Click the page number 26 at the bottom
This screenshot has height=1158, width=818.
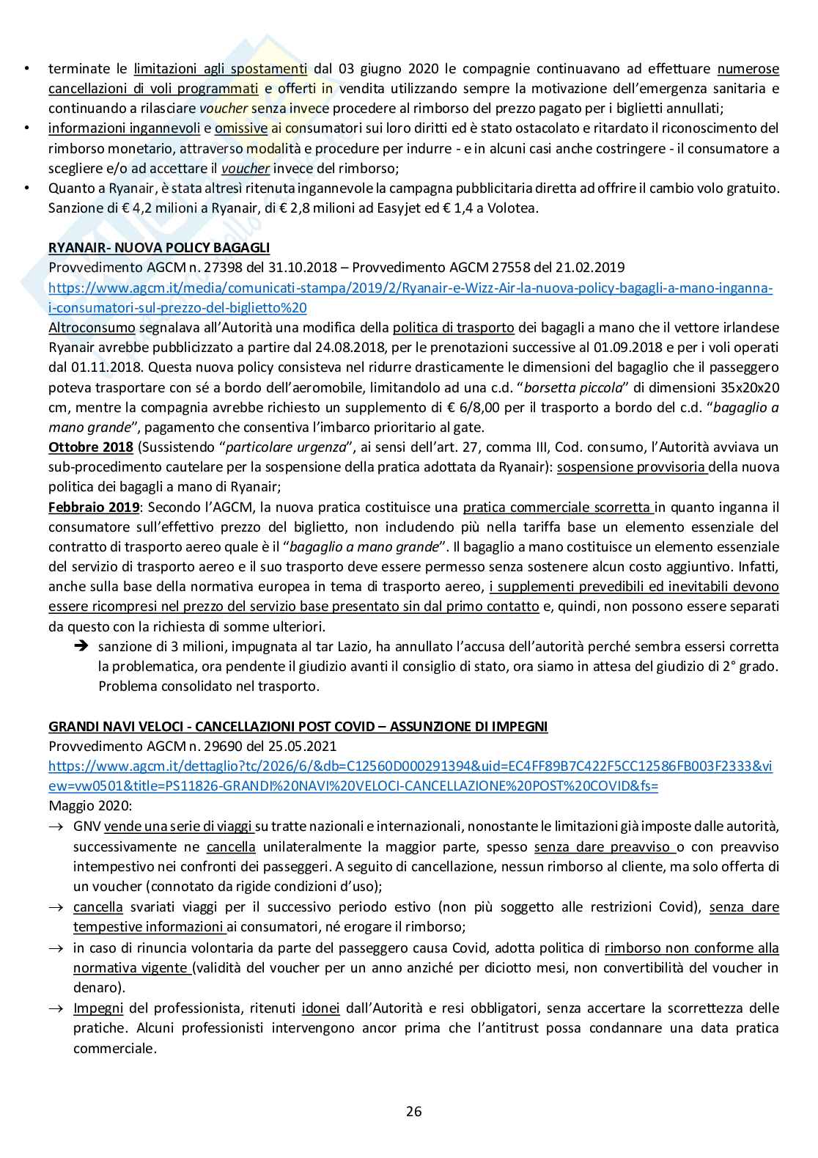tap(414, 1110)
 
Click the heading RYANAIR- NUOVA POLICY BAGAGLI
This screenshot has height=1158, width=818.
tap(159, 248)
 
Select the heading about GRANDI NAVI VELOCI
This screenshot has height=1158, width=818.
tap(298, 726)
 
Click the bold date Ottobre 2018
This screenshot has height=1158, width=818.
tap(91, 447)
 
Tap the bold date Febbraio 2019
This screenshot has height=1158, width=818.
tap(94, 507)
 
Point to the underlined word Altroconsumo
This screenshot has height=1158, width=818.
tap(92, 327)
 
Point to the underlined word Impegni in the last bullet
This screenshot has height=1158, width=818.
tap(98, 1008)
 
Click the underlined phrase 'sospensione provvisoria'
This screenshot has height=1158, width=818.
tap(632, 466)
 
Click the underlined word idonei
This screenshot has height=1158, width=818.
tap(320, 1008)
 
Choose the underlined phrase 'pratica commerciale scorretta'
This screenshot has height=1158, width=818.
tap(558, 507)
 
